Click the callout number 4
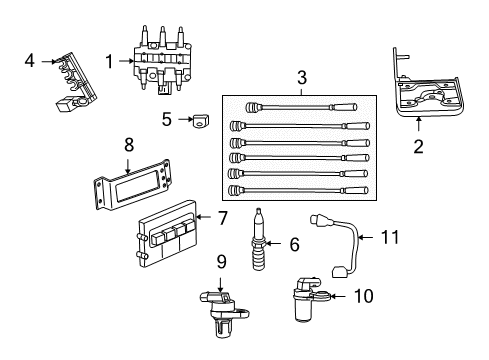click(x=30, y=61)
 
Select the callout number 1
click(x=109, y=61)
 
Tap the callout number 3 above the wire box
click(x=302, y=78)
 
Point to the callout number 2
click(x=418, y=146)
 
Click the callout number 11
click(x=390, y=237)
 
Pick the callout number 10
click(x=364, y=296)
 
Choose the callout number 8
click(x=129, y=145)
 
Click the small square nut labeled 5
click(x=200, y=121)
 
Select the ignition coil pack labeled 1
click(x=162, y=59)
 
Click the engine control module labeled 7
click(x=167, y=234)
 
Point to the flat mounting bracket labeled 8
click(x=133, y=184)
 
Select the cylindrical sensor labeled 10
click(x=307, y=299)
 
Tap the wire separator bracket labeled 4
click(x=76, y=81)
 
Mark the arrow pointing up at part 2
click(x=419, y=124)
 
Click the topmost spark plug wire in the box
click(x=301, y=107)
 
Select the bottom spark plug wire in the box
click(x=298, y=191)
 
